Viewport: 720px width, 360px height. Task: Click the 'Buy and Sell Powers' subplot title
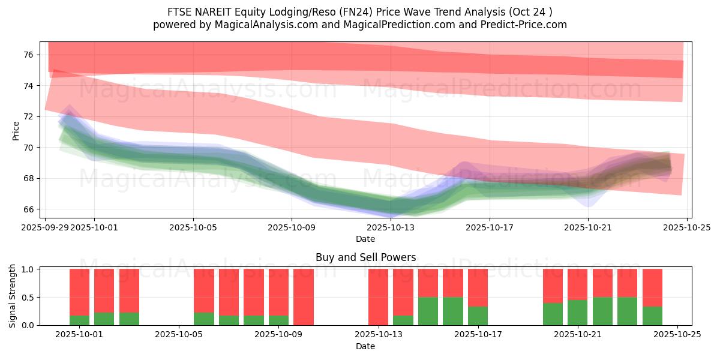(x=365, y=257)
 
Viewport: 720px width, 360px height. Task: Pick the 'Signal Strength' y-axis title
(x=13, y=296)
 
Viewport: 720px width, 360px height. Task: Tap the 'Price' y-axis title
(x=16, y=131)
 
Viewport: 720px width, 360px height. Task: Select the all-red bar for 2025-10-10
(x=304, y=297)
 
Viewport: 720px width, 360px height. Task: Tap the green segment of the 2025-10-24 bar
(x=652, y=316)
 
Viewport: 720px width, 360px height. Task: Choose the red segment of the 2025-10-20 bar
(x=553, y=286)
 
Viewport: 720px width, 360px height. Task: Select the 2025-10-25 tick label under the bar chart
(x=677, y=335)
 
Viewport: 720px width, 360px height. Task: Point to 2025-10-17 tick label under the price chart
(x=490, y=227)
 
